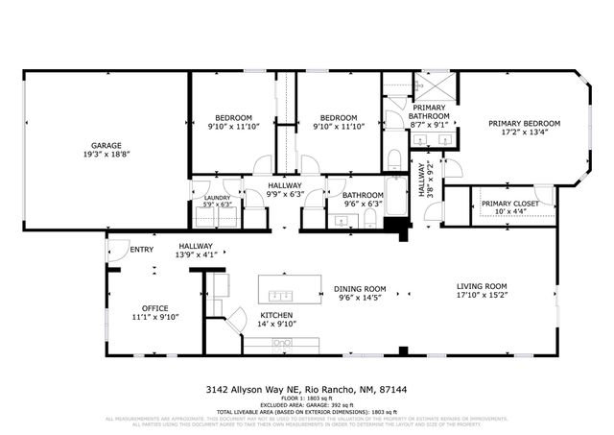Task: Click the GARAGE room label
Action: [100, 145]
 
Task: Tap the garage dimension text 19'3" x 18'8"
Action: [100, 154]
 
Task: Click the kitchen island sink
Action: [282, 294]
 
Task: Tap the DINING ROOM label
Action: [360, 289]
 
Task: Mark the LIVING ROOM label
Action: [481, 286]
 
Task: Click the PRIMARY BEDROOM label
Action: [524, 124]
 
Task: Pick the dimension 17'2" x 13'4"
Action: [524, 133]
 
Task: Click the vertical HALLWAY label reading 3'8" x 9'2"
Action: [425, 180]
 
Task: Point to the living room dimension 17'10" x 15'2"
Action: [481, 295]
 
